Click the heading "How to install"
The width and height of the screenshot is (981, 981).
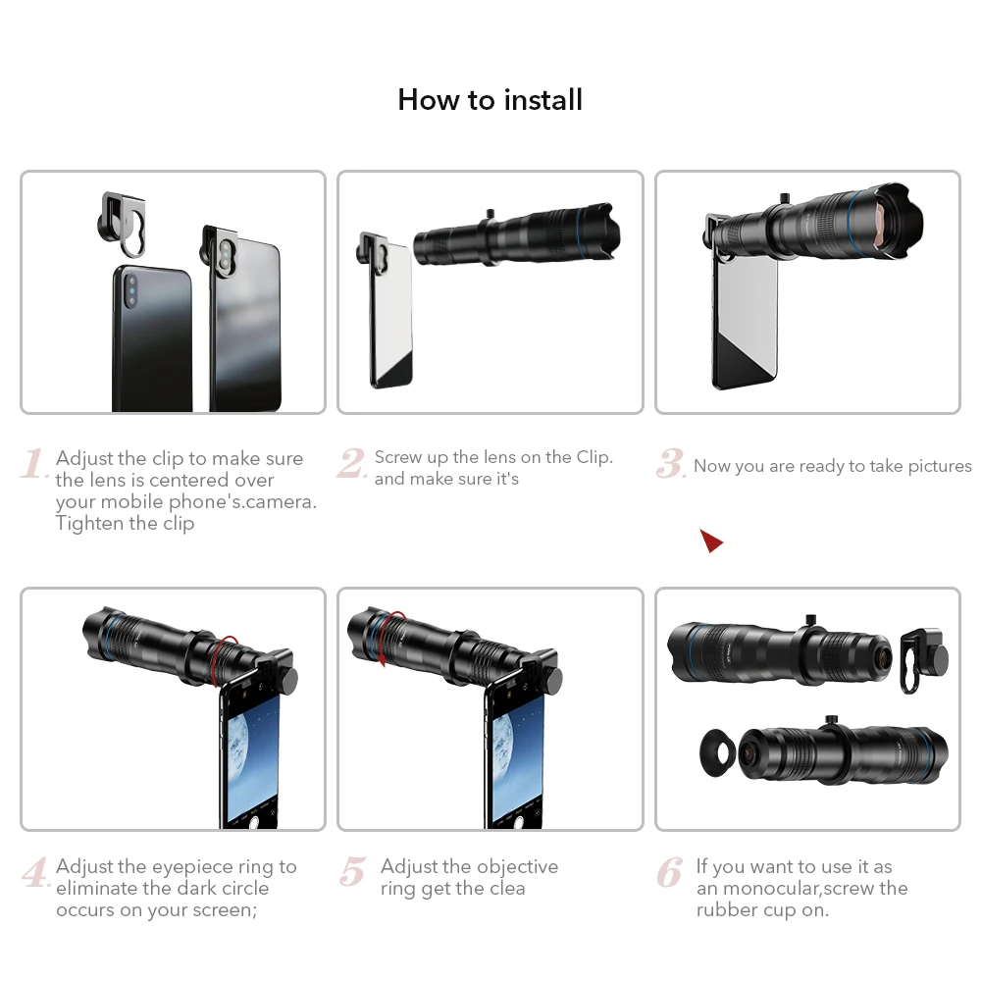(x=490, y=100)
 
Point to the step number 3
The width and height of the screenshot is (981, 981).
(x=670, y=464)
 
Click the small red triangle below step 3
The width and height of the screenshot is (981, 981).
(x=711, y=541)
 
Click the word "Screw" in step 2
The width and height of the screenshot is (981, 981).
(x=399, y=457)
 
